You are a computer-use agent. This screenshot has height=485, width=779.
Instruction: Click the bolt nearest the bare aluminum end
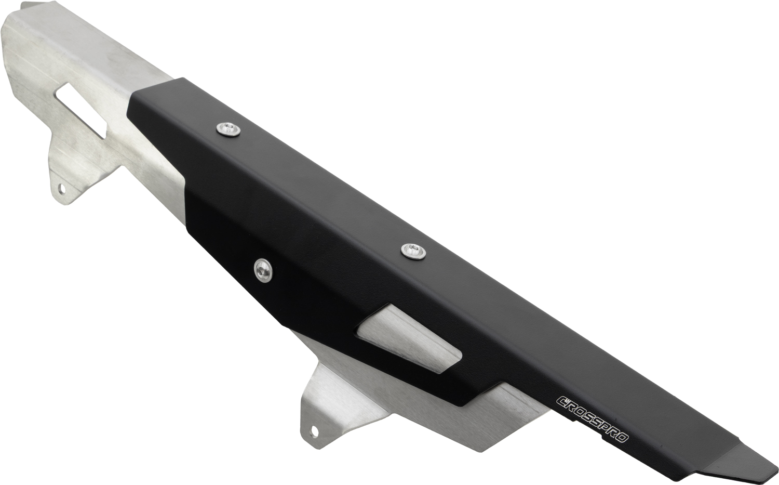229,129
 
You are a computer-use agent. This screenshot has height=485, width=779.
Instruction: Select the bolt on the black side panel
263,269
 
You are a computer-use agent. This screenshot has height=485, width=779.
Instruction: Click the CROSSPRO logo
593,420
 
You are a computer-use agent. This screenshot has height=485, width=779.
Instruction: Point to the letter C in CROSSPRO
562,401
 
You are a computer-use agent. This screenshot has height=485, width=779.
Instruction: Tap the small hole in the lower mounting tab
314,430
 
